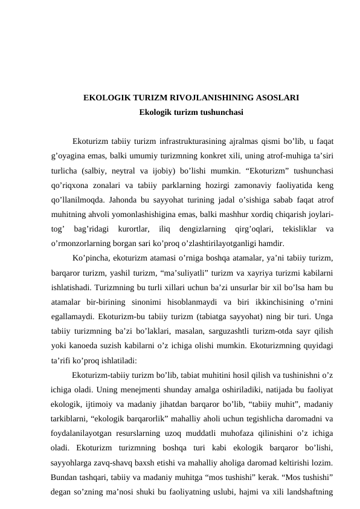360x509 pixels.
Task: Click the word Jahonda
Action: [137, 200]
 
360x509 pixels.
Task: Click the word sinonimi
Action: [159, 302]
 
